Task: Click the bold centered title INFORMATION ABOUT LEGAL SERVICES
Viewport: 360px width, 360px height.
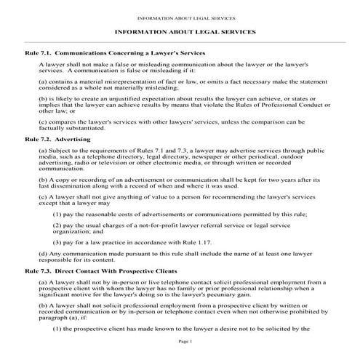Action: pos(180,33)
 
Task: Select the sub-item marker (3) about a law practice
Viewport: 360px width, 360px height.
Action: pos(57,239)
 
